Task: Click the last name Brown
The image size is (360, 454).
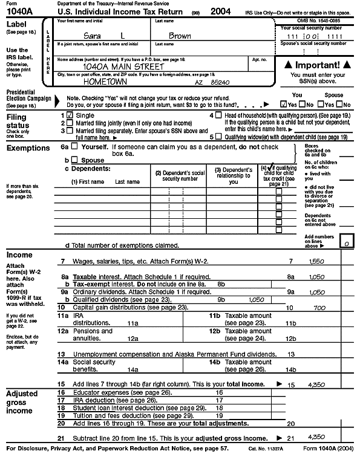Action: [180, 36]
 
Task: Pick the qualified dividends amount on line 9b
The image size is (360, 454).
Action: [256, 299]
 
